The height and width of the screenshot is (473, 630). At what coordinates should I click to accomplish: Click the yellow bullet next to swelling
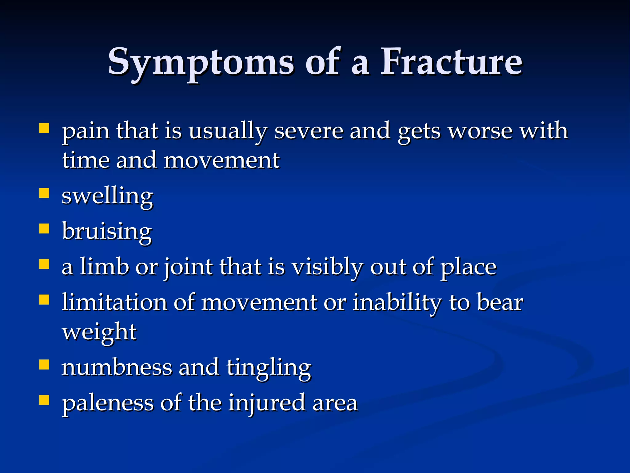(44, 193)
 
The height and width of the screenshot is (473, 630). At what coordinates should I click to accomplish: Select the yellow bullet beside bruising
(44, 229)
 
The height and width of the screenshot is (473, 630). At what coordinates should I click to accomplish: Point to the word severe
(309, 131)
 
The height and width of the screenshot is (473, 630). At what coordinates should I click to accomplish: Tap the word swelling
(107, 196)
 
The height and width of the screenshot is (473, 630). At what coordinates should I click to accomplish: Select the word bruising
(107, 232)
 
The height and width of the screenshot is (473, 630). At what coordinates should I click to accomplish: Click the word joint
(188, 267)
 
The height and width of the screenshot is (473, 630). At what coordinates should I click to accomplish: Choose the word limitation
(114, 302)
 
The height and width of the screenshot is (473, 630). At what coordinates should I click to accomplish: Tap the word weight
(99, 333)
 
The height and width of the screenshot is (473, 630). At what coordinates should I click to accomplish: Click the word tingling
(269, 368)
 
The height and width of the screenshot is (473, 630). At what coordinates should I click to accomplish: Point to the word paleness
(107, 403)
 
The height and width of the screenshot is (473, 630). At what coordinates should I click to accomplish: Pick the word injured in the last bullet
(267, 403)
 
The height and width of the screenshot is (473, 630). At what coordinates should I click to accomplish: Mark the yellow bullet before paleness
(44, 400)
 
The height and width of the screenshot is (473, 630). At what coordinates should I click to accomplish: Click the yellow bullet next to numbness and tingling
(44, 365)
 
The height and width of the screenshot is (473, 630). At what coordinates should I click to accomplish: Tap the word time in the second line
(86, 161)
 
